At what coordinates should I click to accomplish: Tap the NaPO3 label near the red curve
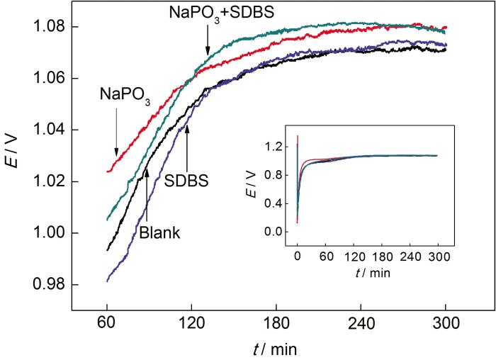coord(125,94)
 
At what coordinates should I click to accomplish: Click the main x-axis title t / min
coord(276,348)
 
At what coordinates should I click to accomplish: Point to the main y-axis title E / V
coord(16,155)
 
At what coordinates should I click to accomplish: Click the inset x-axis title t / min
coord(367,271)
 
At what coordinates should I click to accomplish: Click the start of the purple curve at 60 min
coord(107,281)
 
